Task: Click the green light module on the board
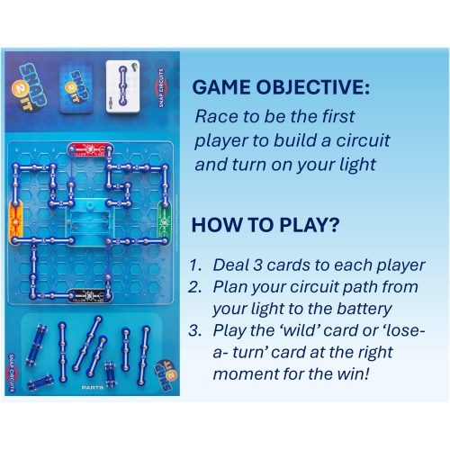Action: coord(166,220)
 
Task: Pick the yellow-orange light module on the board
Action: coord(15,220)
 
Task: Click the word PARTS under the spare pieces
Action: coord(90,388)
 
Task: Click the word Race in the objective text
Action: coord(217,117)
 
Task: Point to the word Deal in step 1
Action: coord(230,266)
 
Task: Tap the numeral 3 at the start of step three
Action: coord(194,328)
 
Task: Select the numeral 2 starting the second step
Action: coord(194,287)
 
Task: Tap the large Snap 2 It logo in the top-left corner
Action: coord(28,76)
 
